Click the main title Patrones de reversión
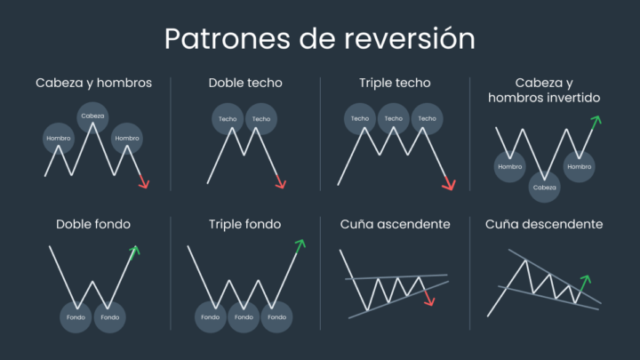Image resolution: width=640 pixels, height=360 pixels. pos(319,39)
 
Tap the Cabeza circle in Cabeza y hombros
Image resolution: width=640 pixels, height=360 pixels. pos(92,116)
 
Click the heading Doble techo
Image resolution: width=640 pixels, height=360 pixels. pos(245,83)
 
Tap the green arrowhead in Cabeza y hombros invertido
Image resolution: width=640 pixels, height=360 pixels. pos(596,120)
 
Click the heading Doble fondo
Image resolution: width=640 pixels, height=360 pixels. pos(93,225)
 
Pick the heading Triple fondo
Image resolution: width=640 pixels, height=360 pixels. pos(244,225)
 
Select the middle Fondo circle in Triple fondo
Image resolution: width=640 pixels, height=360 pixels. pos(244,316)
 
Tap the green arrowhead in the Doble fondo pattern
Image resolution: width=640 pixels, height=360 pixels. pos(135,251)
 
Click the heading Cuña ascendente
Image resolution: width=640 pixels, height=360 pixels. pos(395,225)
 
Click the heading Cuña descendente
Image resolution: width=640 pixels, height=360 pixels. pos(544,225)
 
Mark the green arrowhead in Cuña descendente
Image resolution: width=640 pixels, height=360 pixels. pos(586,280)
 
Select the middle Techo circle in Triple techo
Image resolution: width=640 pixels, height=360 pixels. pos(393,118)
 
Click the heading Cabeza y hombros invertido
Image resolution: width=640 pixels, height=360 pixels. pos(544,90)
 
